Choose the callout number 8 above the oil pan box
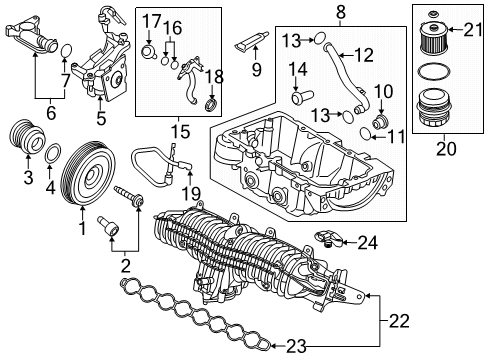(315, 11)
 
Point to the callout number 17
(151, 19)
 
